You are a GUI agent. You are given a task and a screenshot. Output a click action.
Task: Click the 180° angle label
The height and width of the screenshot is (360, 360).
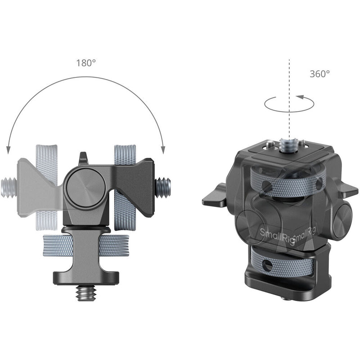tap(85, 63)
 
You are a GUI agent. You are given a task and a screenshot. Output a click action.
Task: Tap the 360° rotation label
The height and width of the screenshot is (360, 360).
tap(319, 73)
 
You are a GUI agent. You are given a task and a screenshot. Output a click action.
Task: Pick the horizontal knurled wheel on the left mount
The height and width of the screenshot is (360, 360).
tap(85, 246)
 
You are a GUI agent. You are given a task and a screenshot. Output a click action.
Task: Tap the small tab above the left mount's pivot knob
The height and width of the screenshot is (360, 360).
tap(83, 158)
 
